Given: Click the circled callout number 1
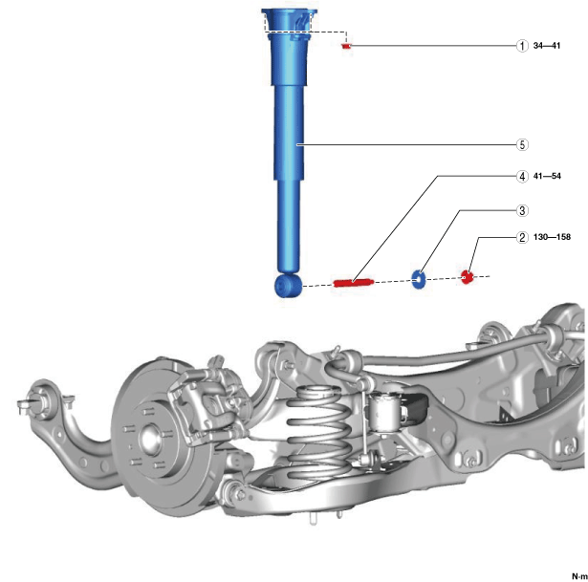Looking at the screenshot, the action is (522, 46).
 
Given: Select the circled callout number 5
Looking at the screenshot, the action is (522, 144).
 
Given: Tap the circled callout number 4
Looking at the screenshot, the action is (522, 176).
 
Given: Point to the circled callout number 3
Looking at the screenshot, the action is (522, 210).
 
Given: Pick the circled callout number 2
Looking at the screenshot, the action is (522, 237).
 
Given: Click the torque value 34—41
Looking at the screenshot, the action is (547, 46).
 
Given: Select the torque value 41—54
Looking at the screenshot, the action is (547, 176).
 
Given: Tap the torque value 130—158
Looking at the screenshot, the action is (552, 237).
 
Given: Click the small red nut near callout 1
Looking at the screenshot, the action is (346, 46).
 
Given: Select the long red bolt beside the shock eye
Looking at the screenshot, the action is (353, 283).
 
